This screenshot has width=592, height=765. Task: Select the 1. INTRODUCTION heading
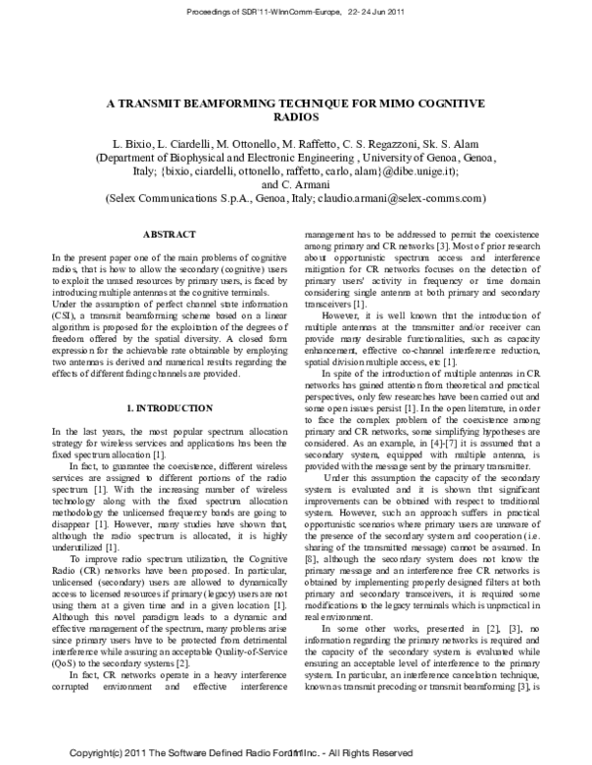tap(163, 407)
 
